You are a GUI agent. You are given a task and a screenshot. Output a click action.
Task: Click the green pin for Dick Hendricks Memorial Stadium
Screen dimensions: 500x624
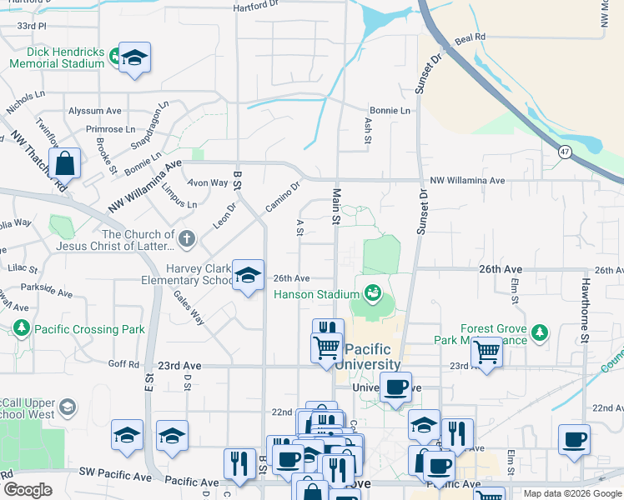coord(114,57)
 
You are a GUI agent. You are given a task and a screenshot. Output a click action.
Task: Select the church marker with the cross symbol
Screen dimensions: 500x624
coord(186,239)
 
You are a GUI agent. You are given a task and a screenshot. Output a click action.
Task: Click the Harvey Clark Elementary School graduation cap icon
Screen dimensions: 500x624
coord(247,277)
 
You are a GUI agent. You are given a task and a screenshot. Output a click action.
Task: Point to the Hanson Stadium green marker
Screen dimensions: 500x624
coord(372,292)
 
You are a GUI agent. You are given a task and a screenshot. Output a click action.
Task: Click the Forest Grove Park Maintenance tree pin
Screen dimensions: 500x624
coord(541,332)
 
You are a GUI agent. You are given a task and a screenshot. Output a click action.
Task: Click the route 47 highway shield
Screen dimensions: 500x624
coord(566,151)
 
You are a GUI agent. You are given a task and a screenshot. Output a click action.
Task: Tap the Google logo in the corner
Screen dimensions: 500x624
coord(28,489)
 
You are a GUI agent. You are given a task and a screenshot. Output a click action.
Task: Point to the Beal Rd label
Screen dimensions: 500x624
coord(470,38)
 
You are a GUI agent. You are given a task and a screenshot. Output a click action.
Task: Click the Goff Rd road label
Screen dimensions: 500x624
coord(123,364)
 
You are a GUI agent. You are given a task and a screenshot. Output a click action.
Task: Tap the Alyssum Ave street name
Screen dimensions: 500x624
coord(94,111)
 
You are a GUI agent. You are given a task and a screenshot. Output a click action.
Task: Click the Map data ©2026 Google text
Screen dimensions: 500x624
coord(572,493)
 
